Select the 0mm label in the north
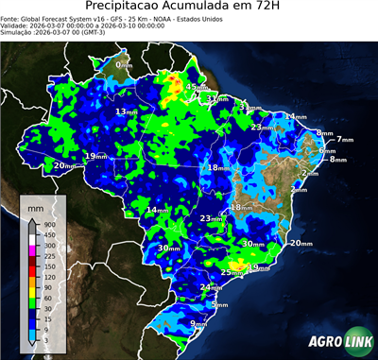tap(124, 64)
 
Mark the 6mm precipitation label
tap(327, 150)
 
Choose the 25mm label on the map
tap(231, 272)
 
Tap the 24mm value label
tap(211, 286)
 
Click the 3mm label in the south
tap(219, 304)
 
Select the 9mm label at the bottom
tap(198, 324)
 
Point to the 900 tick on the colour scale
tap(50, 225)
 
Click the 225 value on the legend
tap(50, 254)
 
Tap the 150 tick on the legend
tap(50, 265)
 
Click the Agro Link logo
tap(335, 341)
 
